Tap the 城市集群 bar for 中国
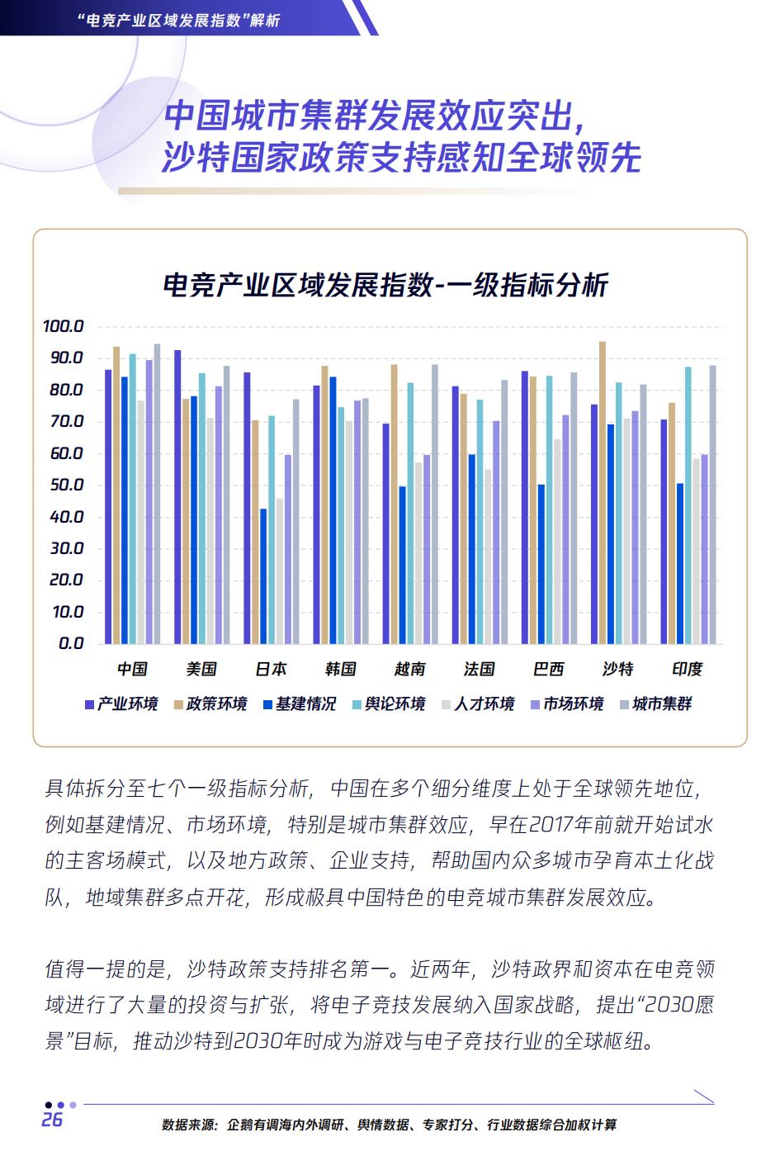157,494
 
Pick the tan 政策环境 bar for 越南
394,504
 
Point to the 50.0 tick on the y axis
65,486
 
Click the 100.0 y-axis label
63,327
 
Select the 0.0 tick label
71,644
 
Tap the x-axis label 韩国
340,670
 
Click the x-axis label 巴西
548,670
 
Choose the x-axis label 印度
687,670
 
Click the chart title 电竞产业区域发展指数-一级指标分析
385,286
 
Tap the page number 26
52,1120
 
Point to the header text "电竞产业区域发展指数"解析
177,19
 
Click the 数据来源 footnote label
188,1125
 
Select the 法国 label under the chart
479,670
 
